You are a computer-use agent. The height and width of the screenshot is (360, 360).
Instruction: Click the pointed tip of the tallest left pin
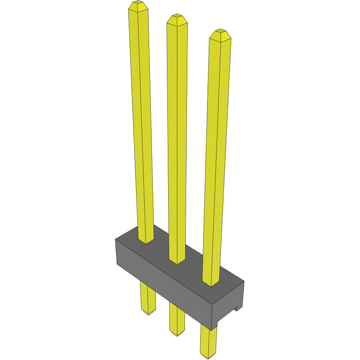138,5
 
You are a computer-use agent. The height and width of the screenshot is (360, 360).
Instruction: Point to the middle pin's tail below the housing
177,319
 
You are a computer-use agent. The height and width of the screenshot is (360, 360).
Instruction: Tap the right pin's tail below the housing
208,341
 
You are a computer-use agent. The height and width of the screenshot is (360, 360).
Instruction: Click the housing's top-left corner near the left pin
116,240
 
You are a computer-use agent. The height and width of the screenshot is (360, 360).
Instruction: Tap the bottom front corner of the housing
213,329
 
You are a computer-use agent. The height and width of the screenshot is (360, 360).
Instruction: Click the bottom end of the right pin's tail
208,356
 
